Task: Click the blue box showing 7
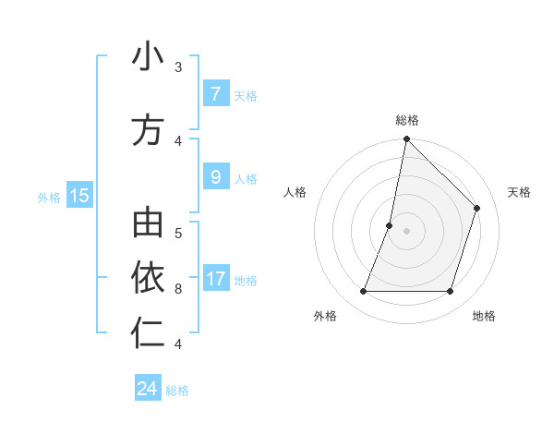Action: tap(215, 94)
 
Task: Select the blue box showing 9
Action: tap(215, 177)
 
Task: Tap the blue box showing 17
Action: tap(216, 279)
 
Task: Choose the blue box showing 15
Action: tap(78, 195)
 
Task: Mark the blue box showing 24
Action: tap(148, 389)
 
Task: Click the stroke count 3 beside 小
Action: tap(178, 67)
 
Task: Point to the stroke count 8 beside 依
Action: tap(178, 289)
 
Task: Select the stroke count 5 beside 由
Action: tap(178, 233)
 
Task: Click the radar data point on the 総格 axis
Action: tap(406, 139)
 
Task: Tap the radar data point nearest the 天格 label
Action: tap(476, 208)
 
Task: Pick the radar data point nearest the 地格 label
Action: tap(450, 292)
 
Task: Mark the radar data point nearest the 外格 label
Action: tap(363, 292)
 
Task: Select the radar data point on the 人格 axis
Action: tap(390, 225)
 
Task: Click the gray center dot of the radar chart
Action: tap(406, 231)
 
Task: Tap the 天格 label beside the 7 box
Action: tap(246, 95)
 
